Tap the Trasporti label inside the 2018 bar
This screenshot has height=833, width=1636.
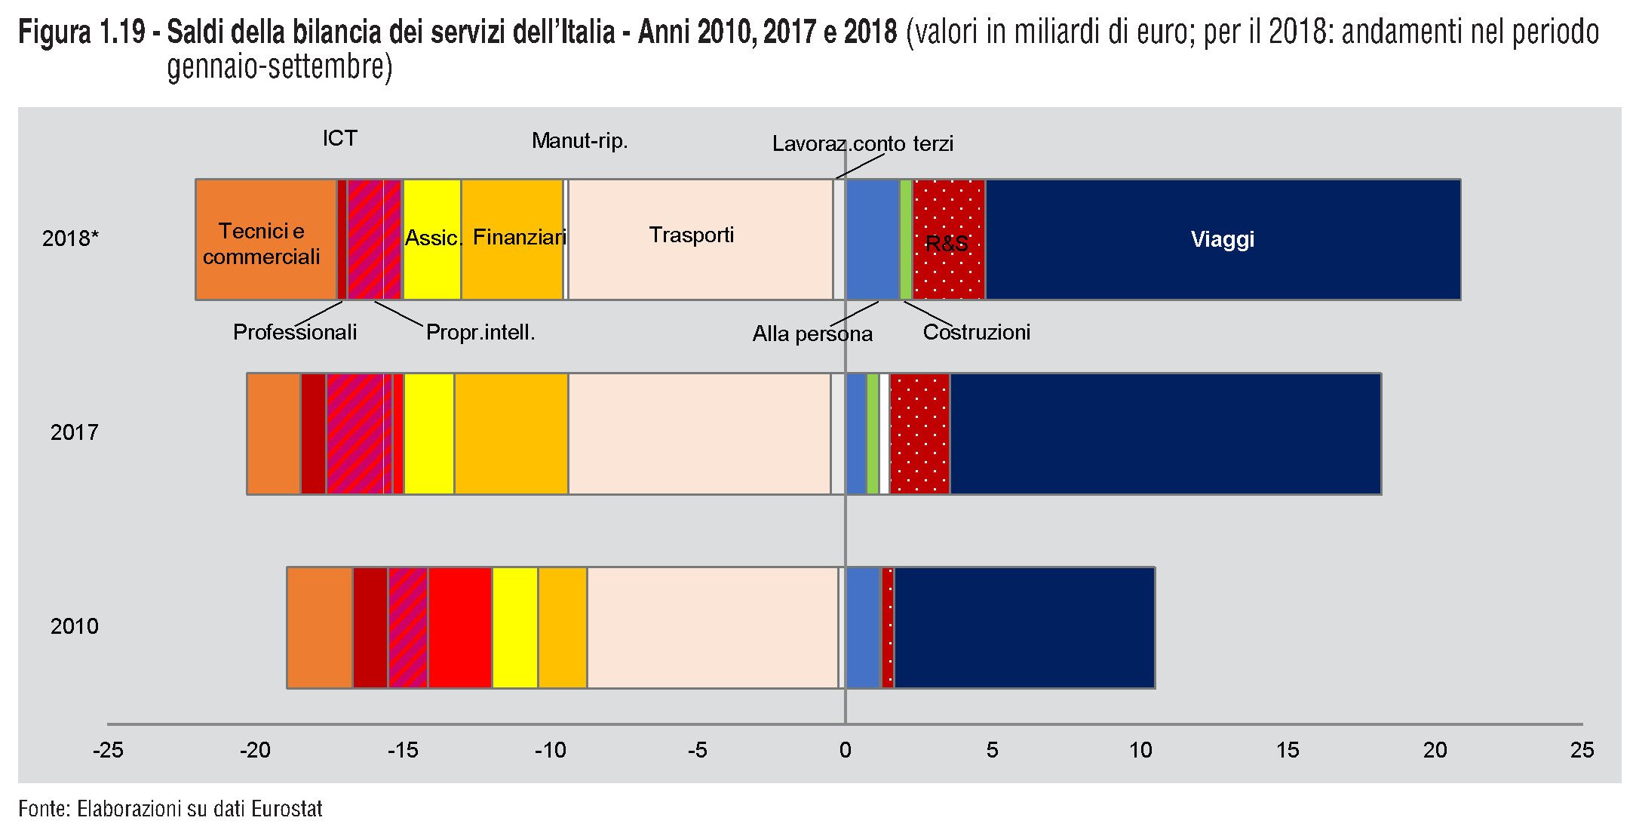(x=692, y=235)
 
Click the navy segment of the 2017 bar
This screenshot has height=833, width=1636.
(x=1165, y=434)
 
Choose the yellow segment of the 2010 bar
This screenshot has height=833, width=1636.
(x=515, y=628)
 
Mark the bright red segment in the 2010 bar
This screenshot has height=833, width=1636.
(x=460, y=628)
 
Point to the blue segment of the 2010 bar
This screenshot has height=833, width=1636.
(x=864, y=628)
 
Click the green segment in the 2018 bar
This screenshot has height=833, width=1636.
(x=906, y=240)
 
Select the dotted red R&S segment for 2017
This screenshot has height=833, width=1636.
(x=919, y=434)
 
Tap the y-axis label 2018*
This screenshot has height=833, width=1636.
(x=70, y=238)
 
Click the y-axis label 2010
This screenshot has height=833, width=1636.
(x=74, y=626)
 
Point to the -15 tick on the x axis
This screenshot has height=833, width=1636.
(x=403, y=750)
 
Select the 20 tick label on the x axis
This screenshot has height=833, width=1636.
(x=1435, y=750)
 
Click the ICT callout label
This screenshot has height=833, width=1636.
(x=339, y=139)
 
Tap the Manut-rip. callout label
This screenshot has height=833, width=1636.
(x=579, y=141)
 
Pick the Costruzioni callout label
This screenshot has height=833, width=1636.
(x=976, y=333)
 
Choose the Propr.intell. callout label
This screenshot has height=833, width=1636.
(x=480, y=333)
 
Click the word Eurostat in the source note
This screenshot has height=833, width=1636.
(x=287, y=810)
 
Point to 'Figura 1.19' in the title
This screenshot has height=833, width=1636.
(x=81, y=33)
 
